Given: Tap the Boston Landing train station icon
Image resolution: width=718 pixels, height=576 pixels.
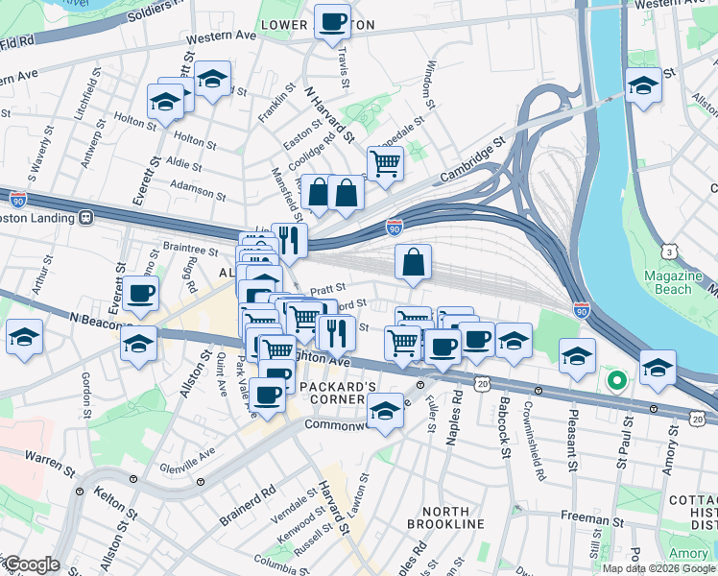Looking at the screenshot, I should (85, 217).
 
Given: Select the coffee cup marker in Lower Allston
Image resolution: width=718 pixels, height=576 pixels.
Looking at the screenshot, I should (332, 21).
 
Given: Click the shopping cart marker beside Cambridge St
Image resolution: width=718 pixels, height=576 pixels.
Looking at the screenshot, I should (385, 163).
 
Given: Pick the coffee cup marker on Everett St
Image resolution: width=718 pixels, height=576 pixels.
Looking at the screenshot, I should (140, 294).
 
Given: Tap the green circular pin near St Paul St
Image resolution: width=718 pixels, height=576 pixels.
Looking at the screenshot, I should (617, 382).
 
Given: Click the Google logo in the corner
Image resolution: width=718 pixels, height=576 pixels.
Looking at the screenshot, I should (32, 564).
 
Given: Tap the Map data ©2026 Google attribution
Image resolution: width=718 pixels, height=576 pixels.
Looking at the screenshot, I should (658, 568).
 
